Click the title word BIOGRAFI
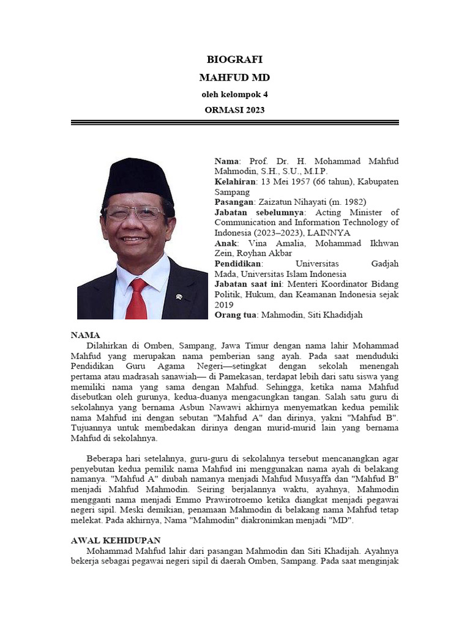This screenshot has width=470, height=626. tap(234, 59)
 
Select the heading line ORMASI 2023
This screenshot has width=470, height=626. tap(234, 110)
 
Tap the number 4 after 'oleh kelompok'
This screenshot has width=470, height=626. tap(265, 94)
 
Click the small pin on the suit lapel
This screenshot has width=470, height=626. tap(179, 297)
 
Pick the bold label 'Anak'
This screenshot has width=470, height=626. tap(226, 243)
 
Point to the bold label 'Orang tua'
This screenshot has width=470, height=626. tap(236, 315)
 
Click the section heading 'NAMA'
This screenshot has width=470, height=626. tap(85, 335)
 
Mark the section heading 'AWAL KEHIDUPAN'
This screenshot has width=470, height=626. tap(116, 540)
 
